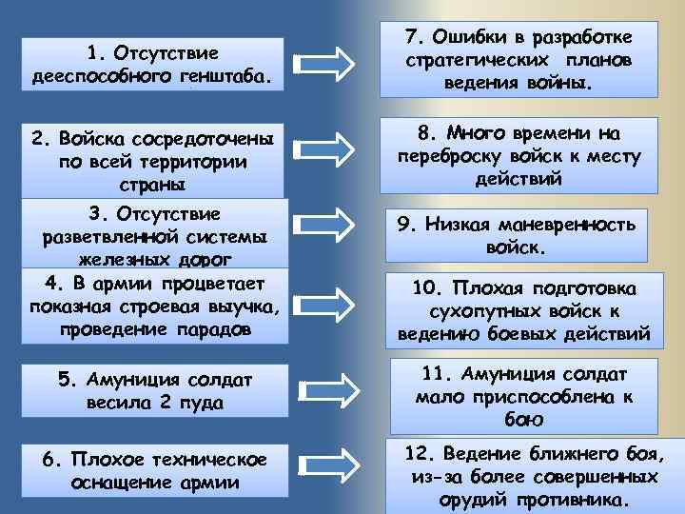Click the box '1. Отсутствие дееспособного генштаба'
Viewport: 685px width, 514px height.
152,65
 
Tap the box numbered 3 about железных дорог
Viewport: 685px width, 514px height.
152,234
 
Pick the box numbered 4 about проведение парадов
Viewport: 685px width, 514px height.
152,306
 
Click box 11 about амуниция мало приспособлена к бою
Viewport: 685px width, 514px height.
519,391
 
